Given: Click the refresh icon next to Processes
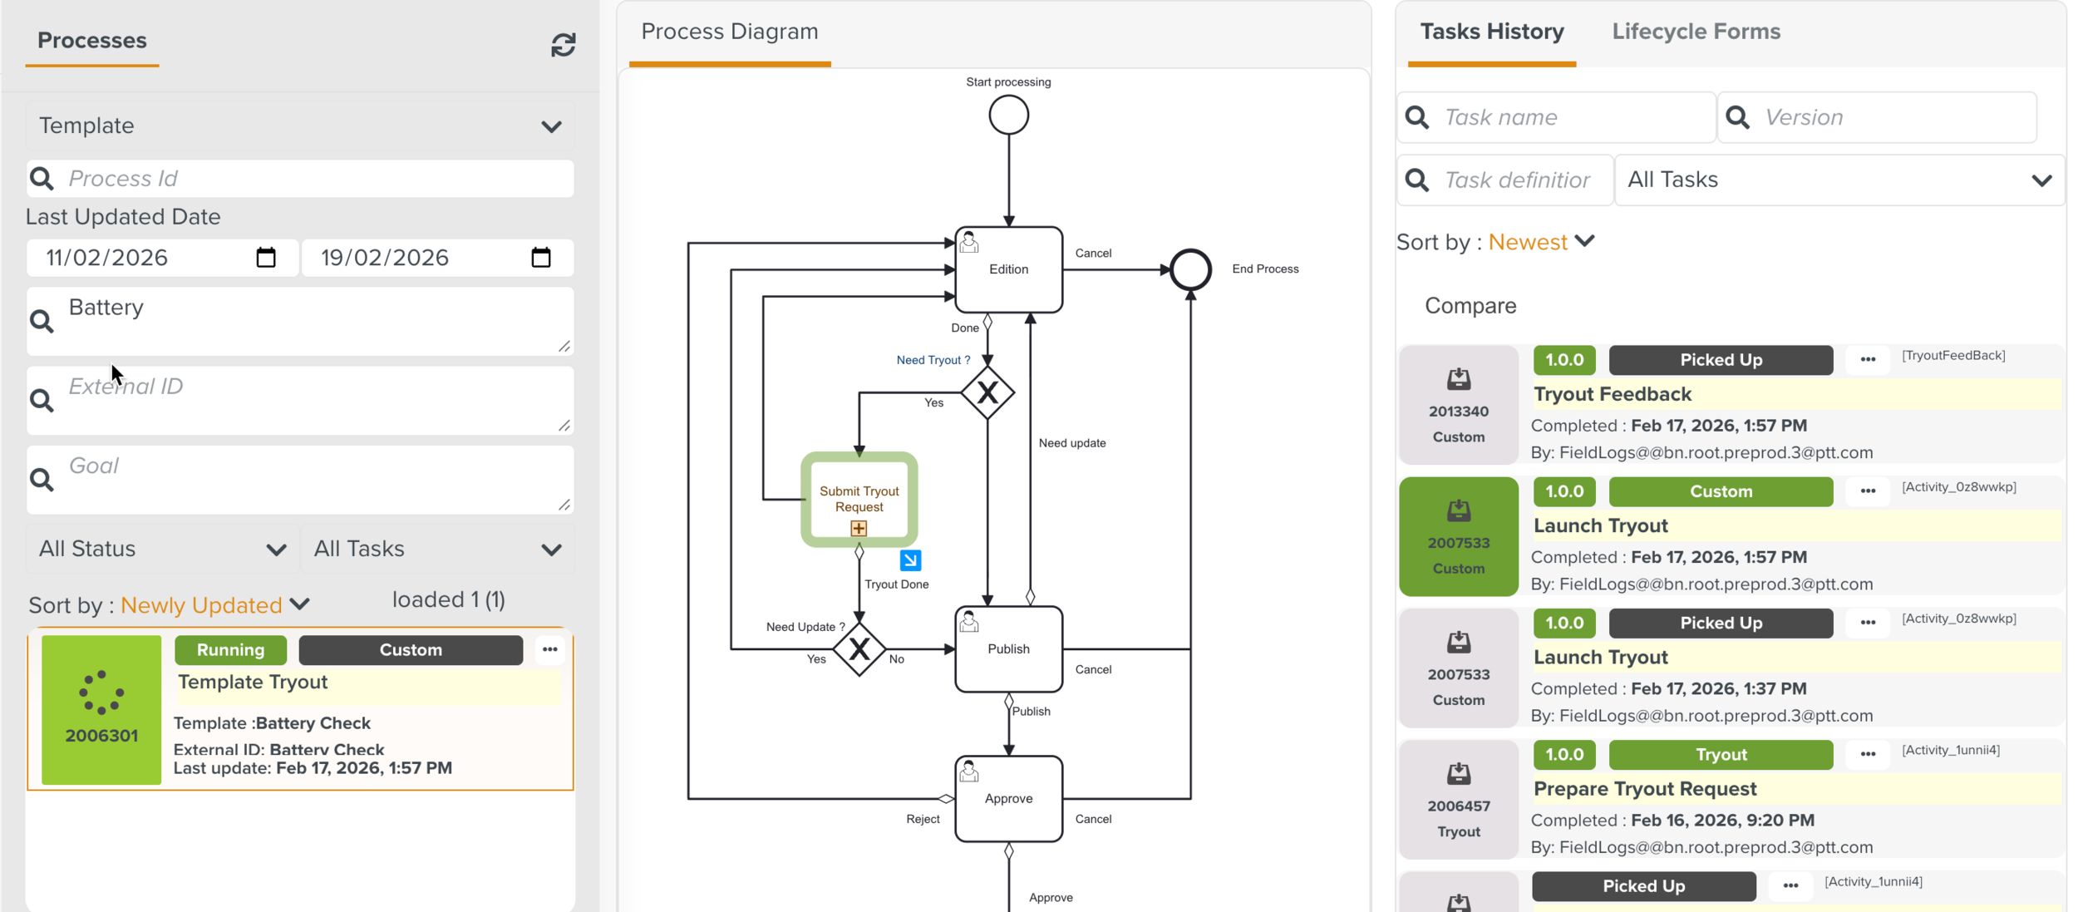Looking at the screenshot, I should (563, 45).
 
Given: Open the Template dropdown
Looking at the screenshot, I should (299, 126).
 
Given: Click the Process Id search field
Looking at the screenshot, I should (316, 179).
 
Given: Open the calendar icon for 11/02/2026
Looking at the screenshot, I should (266, 258).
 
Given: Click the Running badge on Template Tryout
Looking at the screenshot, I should (230, 650).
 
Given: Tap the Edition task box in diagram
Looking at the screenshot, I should (1008, 269).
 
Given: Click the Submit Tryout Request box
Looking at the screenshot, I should (859, 499).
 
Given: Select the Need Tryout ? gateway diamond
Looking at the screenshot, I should (987, 392).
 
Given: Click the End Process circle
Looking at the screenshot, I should (1190, 269).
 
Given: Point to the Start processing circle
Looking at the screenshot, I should (1008, 115).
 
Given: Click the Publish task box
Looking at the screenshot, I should (1008, 648).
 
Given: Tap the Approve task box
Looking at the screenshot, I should (1008, 798).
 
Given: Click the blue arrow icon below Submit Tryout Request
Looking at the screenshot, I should (910, 560).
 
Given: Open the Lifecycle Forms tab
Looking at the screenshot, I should (1696, 32).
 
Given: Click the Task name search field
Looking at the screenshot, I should (1571, 117).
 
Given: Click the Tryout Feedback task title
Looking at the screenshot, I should (1612, 394).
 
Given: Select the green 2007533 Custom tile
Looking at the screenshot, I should (1458, 537).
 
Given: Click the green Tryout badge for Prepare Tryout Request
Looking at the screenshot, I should (1721, 755).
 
